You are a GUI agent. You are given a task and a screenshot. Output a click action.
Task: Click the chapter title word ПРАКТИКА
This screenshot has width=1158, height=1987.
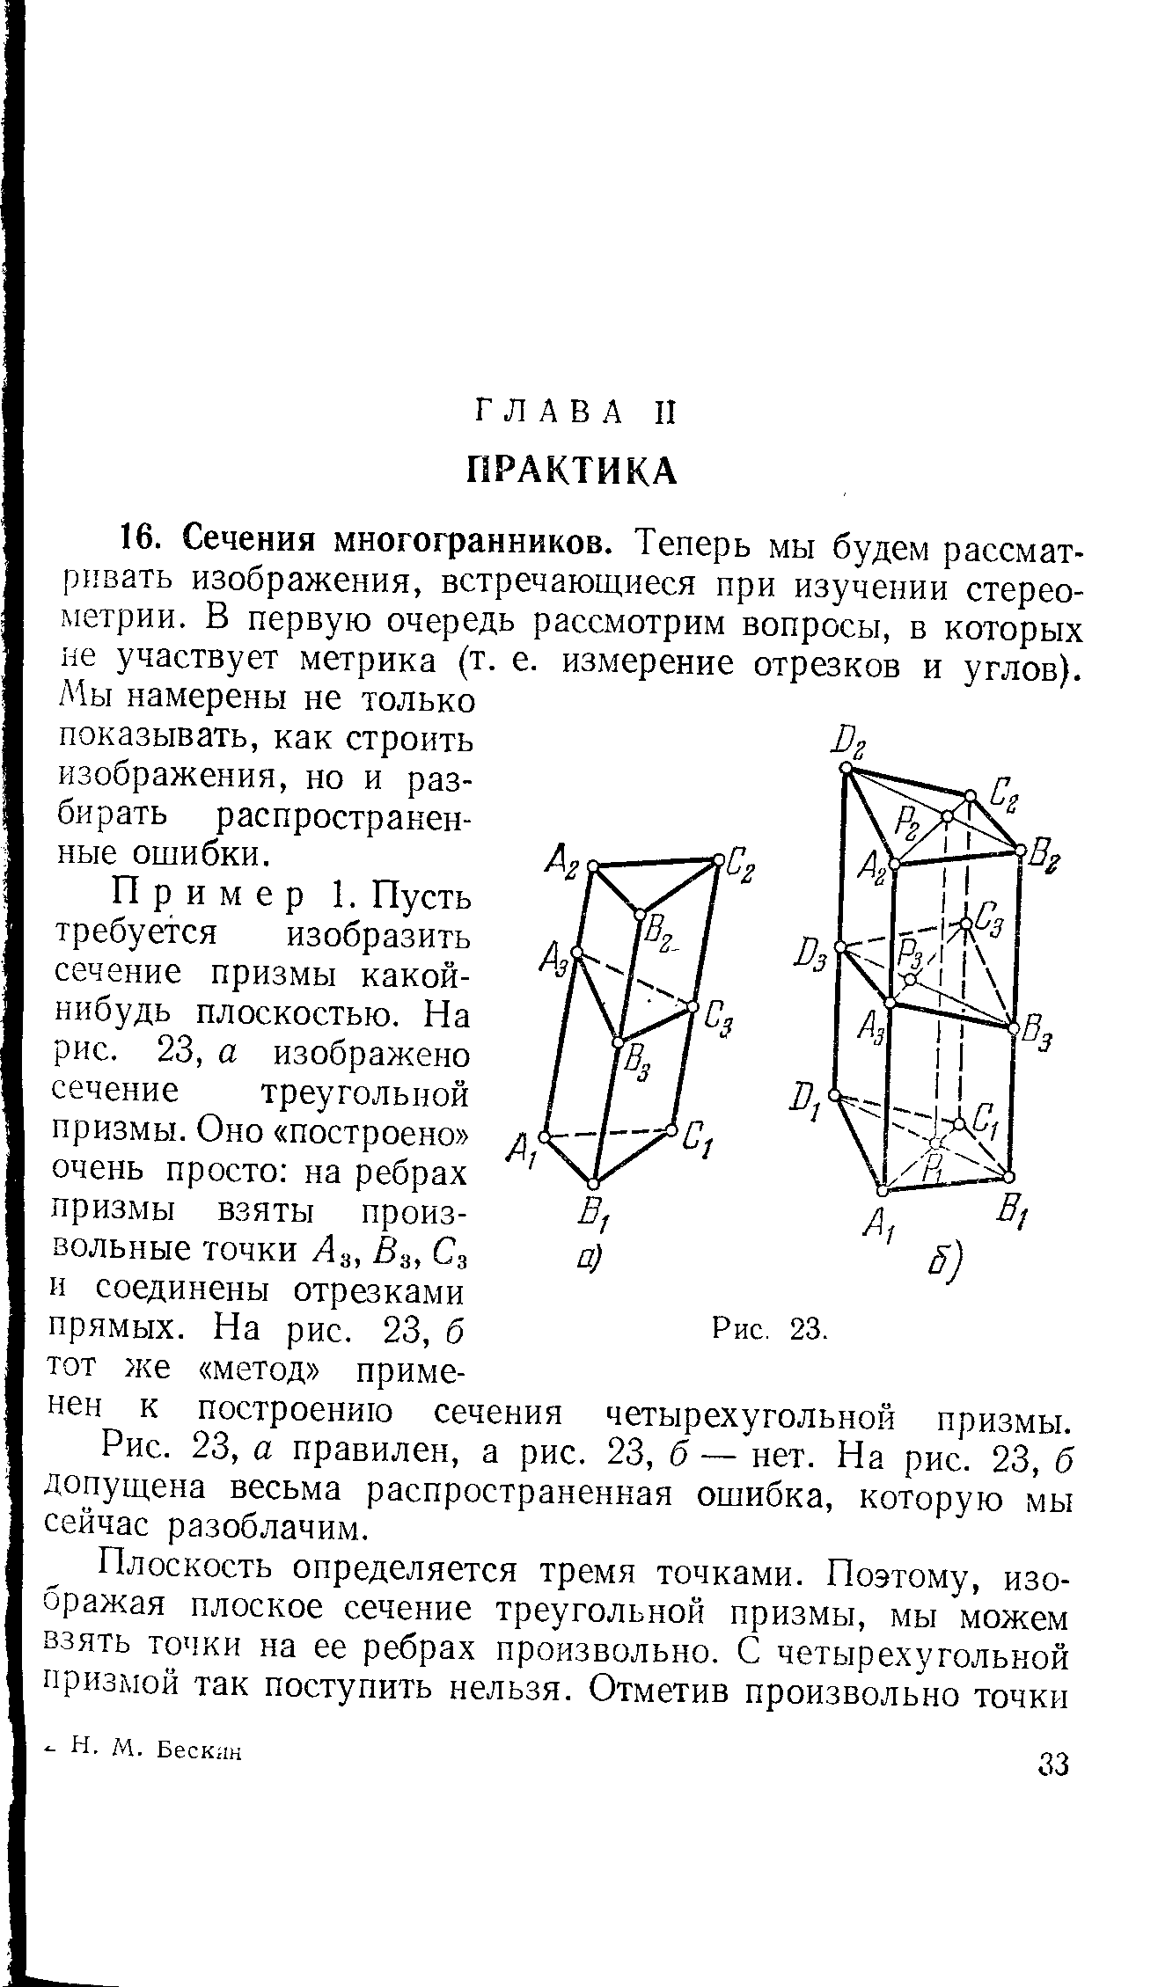point(571,471)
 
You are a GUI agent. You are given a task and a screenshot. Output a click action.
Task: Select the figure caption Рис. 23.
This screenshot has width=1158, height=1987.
point(769,1327)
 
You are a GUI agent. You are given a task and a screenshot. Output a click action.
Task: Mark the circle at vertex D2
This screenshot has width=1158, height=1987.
point(845,768)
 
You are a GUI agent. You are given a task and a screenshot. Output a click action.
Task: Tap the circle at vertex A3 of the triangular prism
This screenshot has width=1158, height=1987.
point(576,953)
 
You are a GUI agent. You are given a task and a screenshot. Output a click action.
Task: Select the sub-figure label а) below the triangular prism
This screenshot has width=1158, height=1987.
point(589,1262)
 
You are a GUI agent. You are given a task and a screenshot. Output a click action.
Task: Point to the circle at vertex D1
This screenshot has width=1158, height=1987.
point(835,1096)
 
